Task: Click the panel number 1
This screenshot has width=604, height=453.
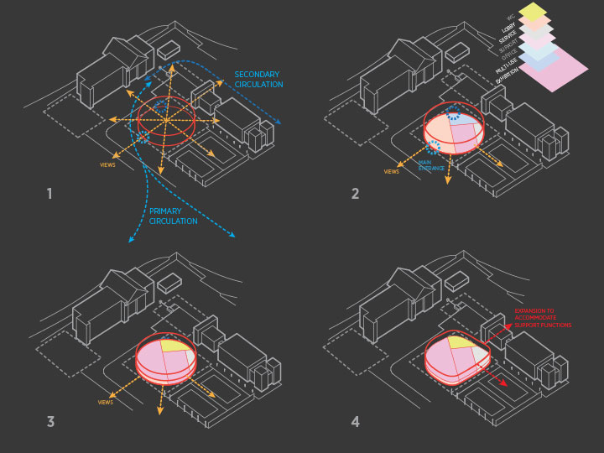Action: pos(49,195)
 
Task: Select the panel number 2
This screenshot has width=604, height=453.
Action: pos(355,195)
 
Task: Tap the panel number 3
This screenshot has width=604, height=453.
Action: pos(50,421)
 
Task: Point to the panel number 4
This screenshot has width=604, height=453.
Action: pos(355,421)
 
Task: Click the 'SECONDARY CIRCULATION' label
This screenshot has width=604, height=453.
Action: pos(258,80)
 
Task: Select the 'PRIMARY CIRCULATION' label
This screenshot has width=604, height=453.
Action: pos(174,216)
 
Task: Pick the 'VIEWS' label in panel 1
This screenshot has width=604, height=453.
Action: pos(107,164)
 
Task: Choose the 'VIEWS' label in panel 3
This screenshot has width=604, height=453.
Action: pos(106,403)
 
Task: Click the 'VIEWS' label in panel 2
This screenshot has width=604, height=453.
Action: pos(392,172)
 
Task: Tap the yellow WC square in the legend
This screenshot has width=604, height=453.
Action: pos(533,11)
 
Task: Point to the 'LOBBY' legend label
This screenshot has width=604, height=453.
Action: pos(506,27)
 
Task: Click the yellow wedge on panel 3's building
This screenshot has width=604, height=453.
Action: pos(174,345)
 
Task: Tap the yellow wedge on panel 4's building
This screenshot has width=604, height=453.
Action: pos(460,341)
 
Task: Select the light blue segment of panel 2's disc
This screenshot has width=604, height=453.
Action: pos(466,122)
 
